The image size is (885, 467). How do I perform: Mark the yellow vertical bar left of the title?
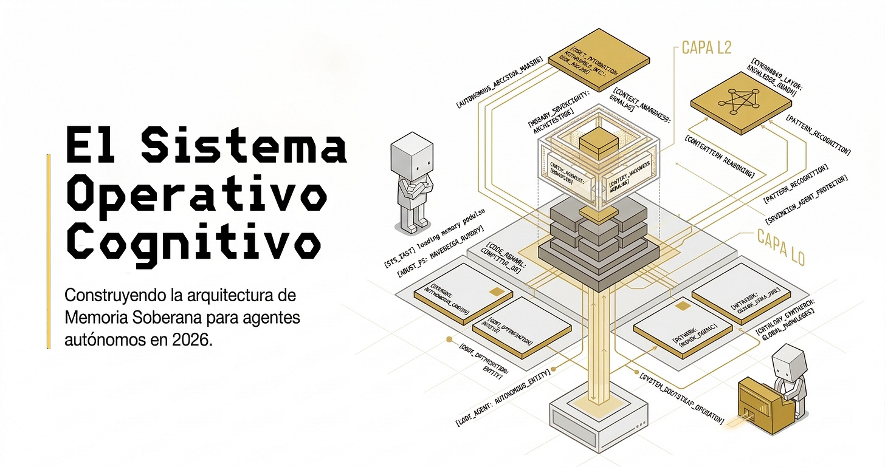49,251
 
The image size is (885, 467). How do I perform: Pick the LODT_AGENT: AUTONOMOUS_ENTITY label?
503,397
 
